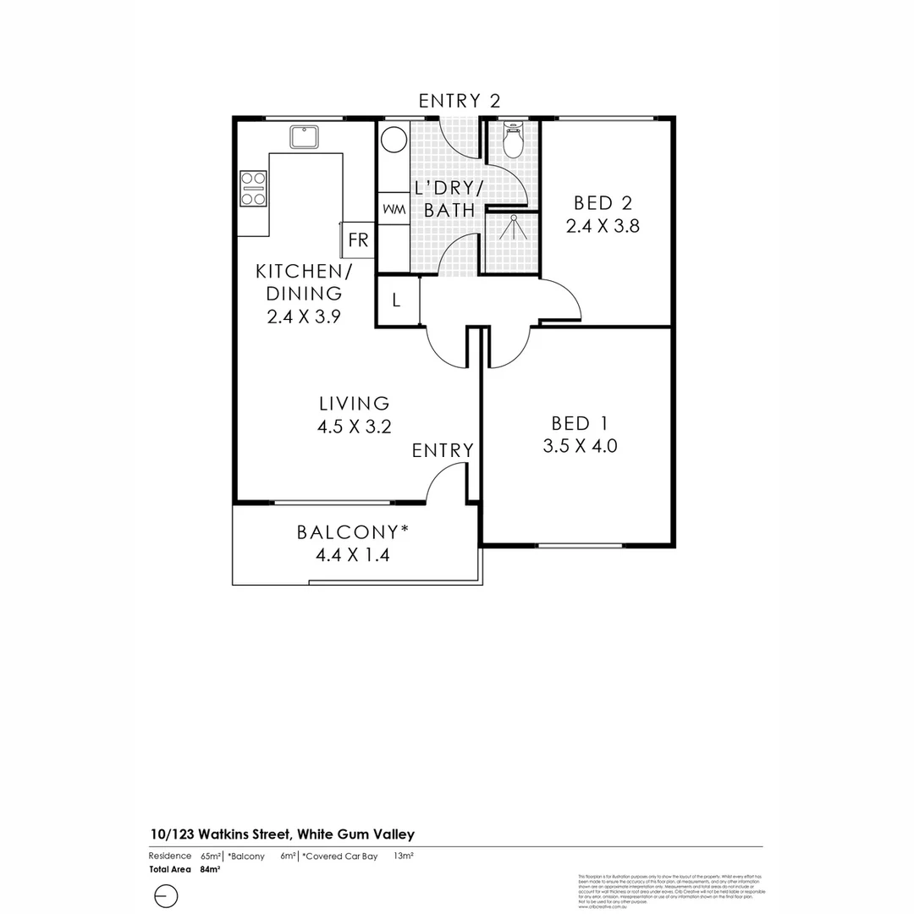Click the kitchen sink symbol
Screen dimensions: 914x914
click(x=303, y=136)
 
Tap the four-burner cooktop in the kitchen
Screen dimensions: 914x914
click(x=253, y=188)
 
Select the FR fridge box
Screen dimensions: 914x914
click(x=358, y=240)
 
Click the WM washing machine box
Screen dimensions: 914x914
click(x=393, y=208)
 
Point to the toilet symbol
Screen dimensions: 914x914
click(x=513, y=140)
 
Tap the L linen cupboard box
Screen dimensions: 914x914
click(x=396, y=300)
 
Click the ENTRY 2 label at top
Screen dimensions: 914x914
click(x=460, y=101)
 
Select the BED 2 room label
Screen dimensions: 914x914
click(x=603, y=203)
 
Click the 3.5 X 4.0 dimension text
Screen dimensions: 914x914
click(x=580, y=445)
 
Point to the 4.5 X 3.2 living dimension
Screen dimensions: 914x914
click(x=354, y=427)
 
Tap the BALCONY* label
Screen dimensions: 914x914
click(x=353, y=532)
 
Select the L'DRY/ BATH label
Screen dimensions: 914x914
click(x=449, y=199)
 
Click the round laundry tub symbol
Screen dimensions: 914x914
click(x=393, y=138)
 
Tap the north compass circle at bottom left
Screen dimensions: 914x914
click(x=166, y=895)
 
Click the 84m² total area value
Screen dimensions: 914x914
click(x=210, y=869)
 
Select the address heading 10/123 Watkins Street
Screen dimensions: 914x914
click(x=282, y=834)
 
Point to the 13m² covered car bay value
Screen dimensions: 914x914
click(x=404, y=856)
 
